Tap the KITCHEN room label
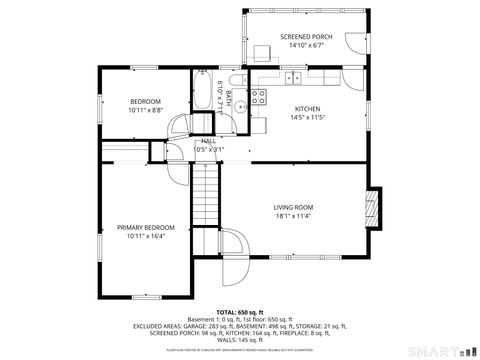pos(307,108)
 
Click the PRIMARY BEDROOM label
pos(145,227)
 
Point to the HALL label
pos(208,141)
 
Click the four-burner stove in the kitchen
pos(258,97)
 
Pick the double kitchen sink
pos(293,77)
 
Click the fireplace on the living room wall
pos(373,206)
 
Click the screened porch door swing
pos(352,42)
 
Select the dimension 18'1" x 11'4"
pos(293,216)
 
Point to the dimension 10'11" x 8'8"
pos(145,111)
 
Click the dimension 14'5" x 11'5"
pos(307,117)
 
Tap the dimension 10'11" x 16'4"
pos(145,236)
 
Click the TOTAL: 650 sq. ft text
pos(240,312)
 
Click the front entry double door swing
pos(232,250)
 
